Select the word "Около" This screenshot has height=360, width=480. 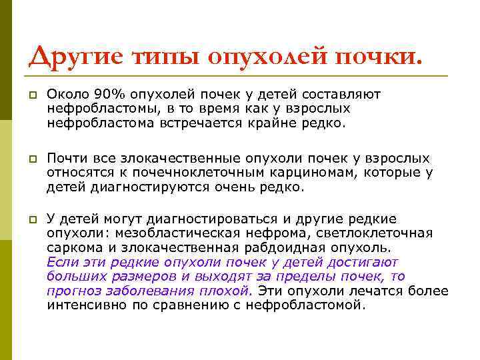(65, 95)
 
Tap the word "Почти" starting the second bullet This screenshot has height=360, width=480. (65, 159)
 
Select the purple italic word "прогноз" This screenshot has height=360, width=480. (71, 291)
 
